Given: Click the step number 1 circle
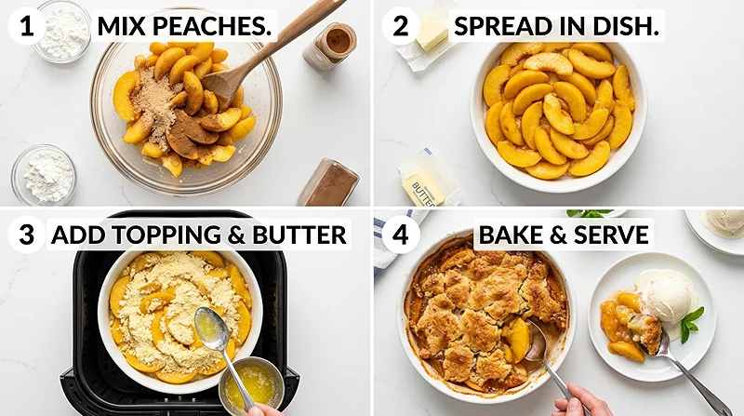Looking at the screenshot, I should pos(27,27).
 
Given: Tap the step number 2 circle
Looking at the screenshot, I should pos(400,27).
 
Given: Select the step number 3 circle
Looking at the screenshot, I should pos(27,235).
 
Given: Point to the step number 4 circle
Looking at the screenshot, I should pos(400,235).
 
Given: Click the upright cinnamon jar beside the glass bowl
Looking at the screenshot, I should pos(331,46).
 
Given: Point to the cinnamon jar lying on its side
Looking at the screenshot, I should pos(329,182).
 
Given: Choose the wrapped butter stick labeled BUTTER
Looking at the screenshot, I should pos(426,181).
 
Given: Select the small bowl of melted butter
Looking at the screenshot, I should pos(250,383).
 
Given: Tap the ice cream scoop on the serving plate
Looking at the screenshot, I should pos(667,295).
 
